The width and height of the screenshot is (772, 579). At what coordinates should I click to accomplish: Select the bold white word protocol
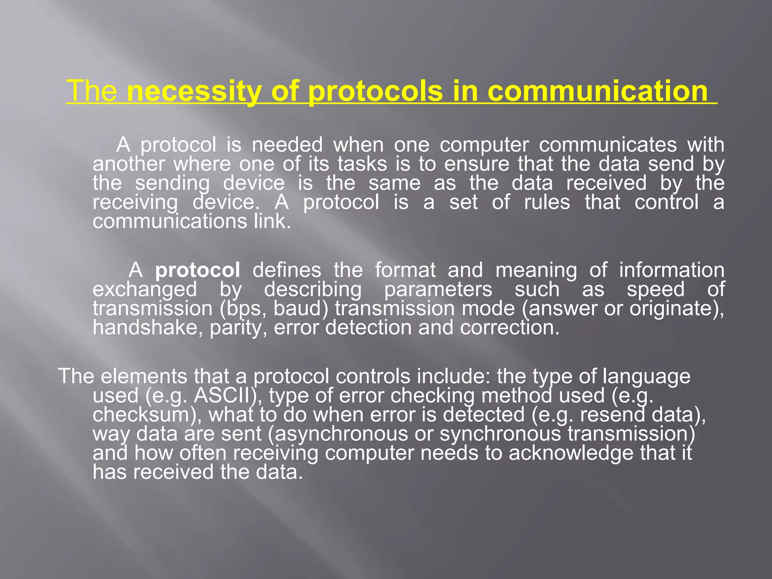point(198,270)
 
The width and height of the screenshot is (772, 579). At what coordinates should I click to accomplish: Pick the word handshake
point(145,328)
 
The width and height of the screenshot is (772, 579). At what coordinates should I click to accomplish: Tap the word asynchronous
point(341,434)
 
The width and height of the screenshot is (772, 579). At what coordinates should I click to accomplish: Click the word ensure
point(477,164)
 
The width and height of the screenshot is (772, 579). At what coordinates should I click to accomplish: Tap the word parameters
point(438,289)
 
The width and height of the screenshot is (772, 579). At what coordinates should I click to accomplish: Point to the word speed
point(656,289)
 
